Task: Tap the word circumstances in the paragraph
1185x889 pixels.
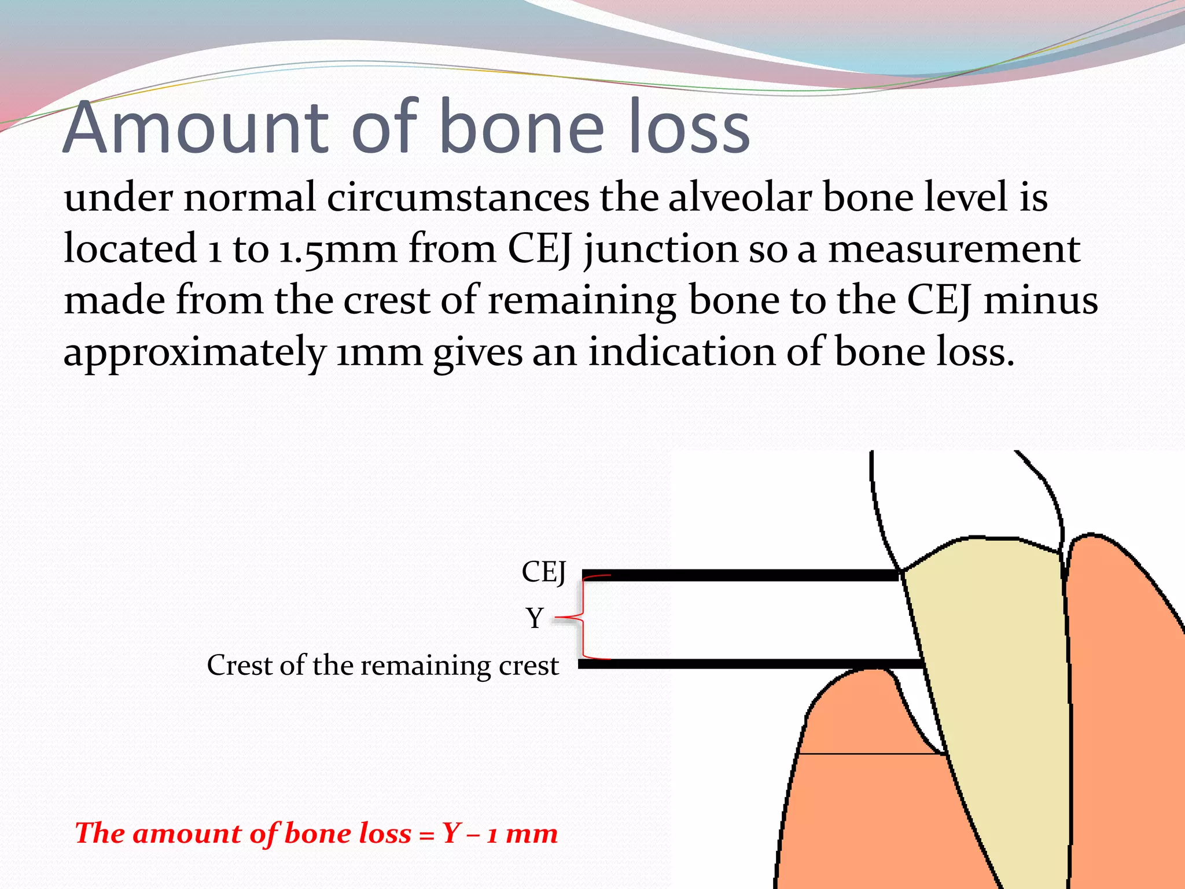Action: point(457,197)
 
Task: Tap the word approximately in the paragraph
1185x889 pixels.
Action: point(194,353)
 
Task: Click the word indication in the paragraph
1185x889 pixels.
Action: point(682,352)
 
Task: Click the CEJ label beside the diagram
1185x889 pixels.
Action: point(543,572)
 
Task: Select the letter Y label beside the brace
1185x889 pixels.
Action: point(535,618)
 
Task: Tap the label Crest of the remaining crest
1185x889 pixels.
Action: point(382,666)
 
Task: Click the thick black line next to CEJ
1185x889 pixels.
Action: point(741,575)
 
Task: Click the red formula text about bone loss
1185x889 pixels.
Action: point(316,833)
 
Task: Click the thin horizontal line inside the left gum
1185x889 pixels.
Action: point(868,754)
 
